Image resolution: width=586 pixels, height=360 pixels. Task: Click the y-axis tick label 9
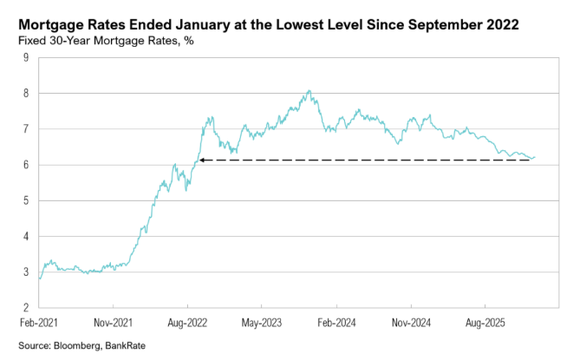point(27,58)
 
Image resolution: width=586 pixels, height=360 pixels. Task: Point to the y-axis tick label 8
point(27,94)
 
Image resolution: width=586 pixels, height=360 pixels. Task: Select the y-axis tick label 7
point(27,129)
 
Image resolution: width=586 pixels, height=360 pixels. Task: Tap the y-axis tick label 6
point(27,165)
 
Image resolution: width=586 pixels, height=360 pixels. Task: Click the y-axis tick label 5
point(27,200)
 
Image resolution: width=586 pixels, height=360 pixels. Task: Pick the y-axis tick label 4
point(27,236)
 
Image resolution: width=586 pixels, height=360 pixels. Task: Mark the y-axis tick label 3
point(27,272)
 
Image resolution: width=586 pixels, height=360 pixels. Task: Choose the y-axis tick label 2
point(27,308)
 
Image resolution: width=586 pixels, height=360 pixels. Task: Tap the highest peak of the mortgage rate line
point(309,90)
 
